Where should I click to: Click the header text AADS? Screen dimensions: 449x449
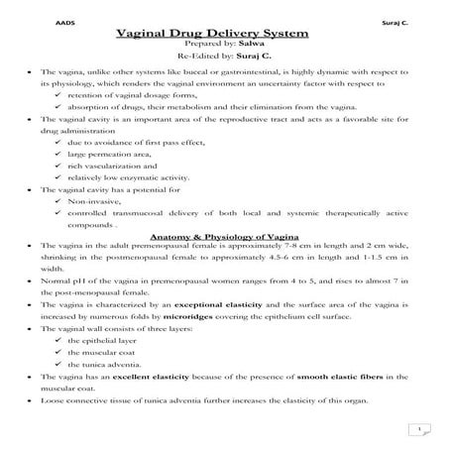point(46,20)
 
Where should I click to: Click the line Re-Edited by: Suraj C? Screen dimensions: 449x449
point(225,59)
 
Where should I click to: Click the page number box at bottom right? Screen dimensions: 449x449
point(421,428)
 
